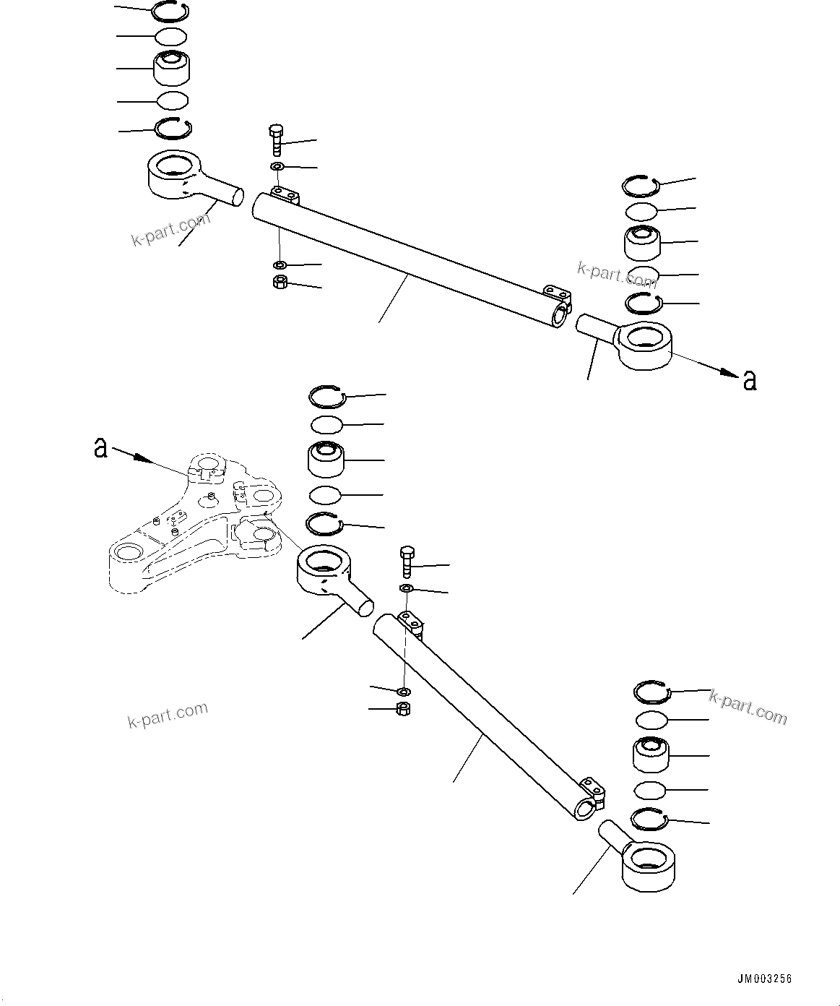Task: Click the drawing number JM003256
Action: pos(764,979)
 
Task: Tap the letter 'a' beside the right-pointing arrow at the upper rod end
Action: pos(750,380)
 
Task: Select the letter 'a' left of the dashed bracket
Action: pos(101,447)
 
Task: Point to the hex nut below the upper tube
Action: pos(280,283)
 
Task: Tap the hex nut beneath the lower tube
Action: pos(404,709)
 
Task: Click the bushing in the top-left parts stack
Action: pos(172,68)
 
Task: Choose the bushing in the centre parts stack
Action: pos(326,459)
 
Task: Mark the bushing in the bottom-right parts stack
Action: pos(651,755)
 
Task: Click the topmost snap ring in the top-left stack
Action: pos(171,10)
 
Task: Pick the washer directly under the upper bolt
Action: pos(278,168)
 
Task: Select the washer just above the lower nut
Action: pos(404,692)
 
